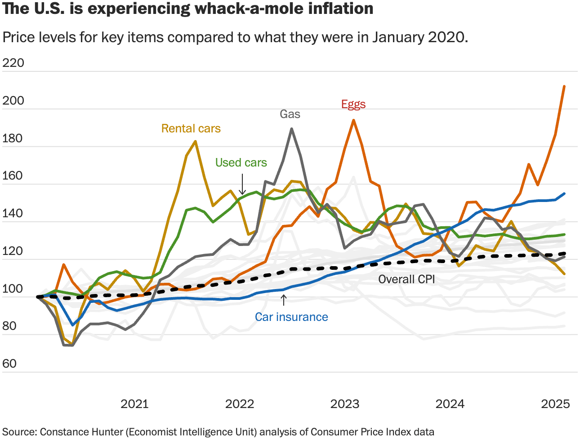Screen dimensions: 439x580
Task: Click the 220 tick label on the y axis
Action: pyautogui.click(x=13, y=63)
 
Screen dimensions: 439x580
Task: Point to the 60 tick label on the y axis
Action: pyautogui.click(x=9, y=364)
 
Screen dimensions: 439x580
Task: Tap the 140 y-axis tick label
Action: pyautogui.click(x=13, y=213)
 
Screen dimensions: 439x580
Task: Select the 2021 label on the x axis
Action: pyautogui.click(x=134, y=404)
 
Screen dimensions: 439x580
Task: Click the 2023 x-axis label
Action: pyautogui.click(x=345, y=404)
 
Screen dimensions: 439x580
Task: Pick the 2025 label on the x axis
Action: pyautogui.click(x=555, y=404)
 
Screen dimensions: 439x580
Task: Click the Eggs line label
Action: pyautogui.click(x=353, y=104)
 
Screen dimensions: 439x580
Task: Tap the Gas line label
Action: pyautogui.click(x=290, y=114)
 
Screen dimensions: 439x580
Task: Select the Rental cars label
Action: pyautogui.click(x=191, y=129)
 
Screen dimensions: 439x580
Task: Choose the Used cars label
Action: pyautogui.click(x=241, y=162)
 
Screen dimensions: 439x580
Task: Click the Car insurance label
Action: pyautogui.click(x=291, y=317)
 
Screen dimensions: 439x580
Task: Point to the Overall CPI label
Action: pyautogui.click(x=406, y=279)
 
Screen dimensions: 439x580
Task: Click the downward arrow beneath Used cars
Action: pyautogui.click(x=242, y=185)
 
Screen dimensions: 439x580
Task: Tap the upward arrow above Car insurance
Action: pyautogui.click(x=283, y=300)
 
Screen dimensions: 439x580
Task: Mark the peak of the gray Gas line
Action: pyautogui.click(x=292, y=129)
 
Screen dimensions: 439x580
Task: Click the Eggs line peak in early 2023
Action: pyautogui.click(x=354, y=120)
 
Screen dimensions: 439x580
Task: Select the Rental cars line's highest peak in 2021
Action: pyautogui.click(x=195, y=141)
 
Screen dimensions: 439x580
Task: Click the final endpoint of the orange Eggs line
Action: pyautogui.click(x=564, y=86)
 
